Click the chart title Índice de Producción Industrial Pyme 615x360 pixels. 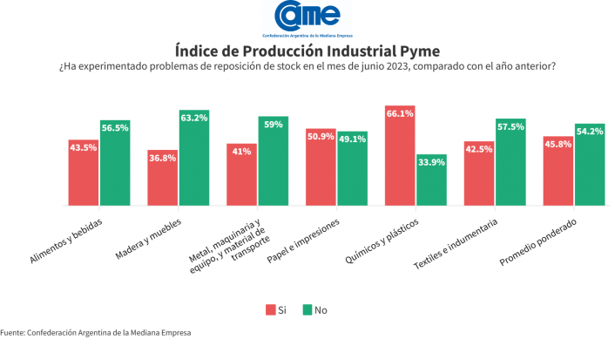(307, 50)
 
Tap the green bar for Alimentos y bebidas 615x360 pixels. (115, 163)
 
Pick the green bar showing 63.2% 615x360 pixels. (194, 158)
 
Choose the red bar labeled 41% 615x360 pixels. (241, 175)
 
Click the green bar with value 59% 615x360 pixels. (273, 161)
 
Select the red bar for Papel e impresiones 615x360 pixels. (321, 166)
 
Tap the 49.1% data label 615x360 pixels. (352, 138)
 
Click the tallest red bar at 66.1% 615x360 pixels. (400, 156)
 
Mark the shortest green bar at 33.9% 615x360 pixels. (431, 180)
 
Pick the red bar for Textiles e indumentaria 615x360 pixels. (479, 173)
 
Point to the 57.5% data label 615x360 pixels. (510, 126)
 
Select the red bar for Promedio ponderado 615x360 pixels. (558, 171)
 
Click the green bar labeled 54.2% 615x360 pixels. (590, 165)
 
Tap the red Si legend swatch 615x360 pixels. (270, 309)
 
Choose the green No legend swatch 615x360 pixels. (307, 309)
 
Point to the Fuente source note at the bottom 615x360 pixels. (95, 332)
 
